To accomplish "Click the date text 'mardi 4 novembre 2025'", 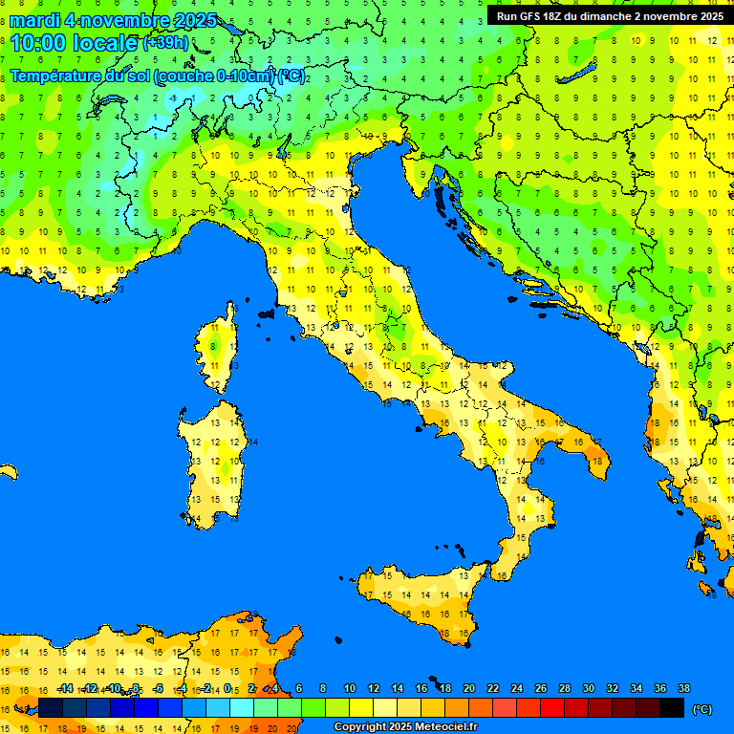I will coord(113,21).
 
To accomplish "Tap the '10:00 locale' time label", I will coord(75,43).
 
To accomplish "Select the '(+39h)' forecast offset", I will coord(165,43).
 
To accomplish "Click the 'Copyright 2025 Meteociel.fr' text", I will coord(405,727).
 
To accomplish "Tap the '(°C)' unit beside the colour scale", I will coord(702,708).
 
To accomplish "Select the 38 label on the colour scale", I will coord(684,688).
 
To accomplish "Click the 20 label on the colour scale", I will coord(469,688).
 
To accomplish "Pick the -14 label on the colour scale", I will coord(65,688).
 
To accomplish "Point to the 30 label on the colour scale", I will coord(589,688).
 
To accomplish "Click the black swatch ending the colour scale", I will coord(672,708).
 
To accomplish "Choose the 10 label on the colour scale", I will coord(350,688).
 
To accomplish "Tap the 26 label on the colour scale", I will coord(541,688).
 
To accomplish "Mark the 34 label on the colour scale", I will coord(637,688).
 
